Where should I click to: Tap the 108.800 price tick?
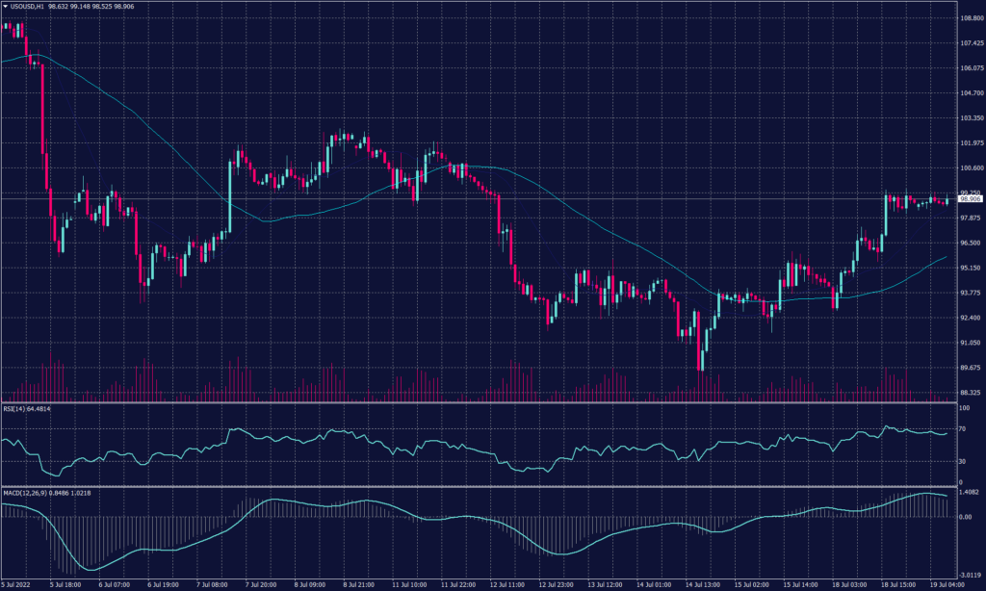point(971,18)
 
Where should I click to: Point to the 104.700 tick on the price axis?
point(971,93)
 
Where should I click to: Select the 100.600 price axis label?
point(971,167)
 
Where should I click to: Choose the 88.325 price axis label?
point(971,393)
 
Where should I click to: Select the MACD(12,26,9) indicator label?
point(29,493)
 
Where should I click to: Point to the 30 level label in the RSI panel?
point(964,461)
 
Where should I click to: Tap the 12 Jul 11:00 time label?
point(506,584)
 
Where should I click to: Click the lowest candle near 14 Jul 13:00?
point(701,361)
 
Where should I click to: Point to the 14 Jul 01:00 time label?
point(653,584)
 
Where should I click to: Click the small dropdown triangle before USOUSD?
point(5,6)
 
